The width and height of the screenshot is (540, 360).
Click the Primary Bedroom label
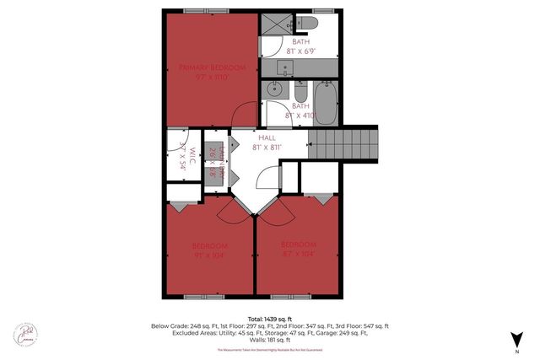pyautogui.click(x=212, y=67)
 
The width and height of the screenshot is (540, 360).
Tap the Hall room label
pyautogui.click(x=267, y=137)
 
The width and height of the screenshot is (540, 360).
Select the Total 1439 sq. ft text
pyautogui.click(x=269, y=318)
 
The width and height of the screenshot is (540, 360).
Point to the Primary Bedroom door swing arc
pyautogui.click(x=246, y=112)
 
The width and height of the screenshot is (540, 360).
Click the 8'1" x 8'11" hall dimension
pyautogui.click(x=267, y=147)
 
